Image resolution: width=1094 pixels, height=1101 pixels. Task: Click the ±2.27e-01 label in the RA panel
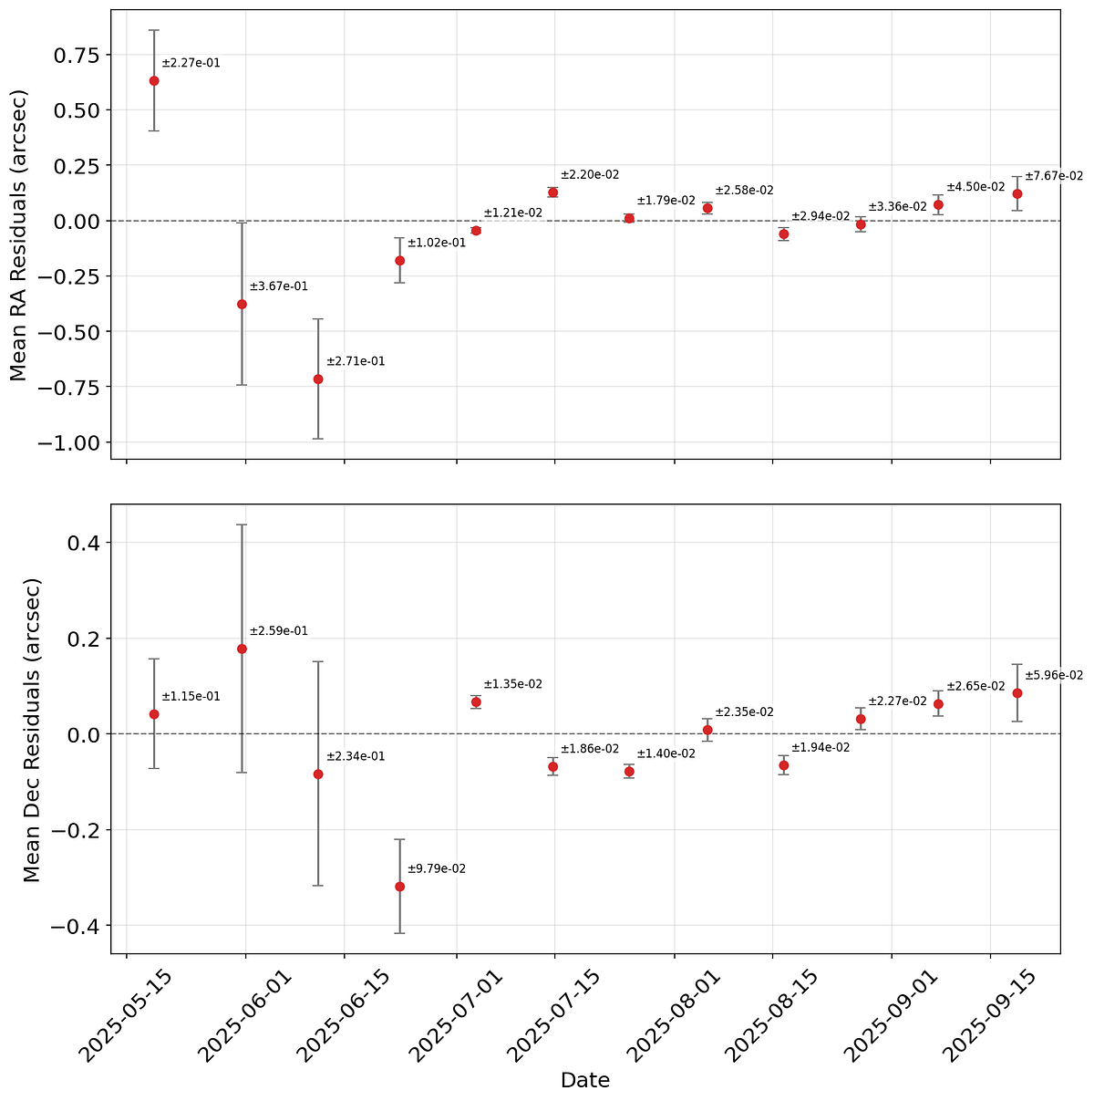point(191,64)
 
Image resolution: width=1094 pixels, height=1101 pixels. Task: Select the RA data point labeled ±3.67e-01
point(242,304)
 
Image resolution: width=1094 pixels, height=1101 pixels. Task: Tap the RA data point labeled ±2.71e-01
point(318,379)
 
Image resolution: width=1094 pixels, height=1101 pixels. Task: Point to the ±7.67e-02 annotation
point(1054,176)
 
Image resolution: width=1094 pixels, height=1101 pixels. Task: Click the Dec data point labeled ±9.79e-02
point(399,887)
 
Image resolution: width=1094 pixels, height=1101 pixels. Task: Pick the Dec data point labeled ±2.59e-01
point(242,649)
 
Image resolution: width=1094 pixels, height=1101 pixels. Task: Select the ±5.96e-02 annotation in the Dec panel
point(1054,676)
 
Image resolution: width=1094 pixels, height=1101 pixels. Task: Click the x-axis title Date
point(584,1081)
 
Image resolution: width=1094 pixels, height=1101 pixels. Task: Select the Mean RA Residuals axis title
point(18,234)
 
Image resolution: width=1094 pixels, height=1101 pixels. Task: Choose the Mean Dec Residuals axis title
point(31,730)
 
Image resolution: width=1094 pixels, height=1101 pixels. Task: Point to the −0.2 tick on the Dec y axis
point(75,830)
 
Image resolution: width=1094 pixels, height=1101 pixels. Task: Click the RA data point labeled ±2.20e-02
point(552,192)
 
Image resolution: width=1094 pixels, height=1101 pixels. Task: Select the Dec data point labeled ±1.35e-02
point(476,701)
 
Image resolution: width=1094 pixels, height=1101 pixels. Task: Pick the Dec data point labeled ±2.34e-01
point(318,774)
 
